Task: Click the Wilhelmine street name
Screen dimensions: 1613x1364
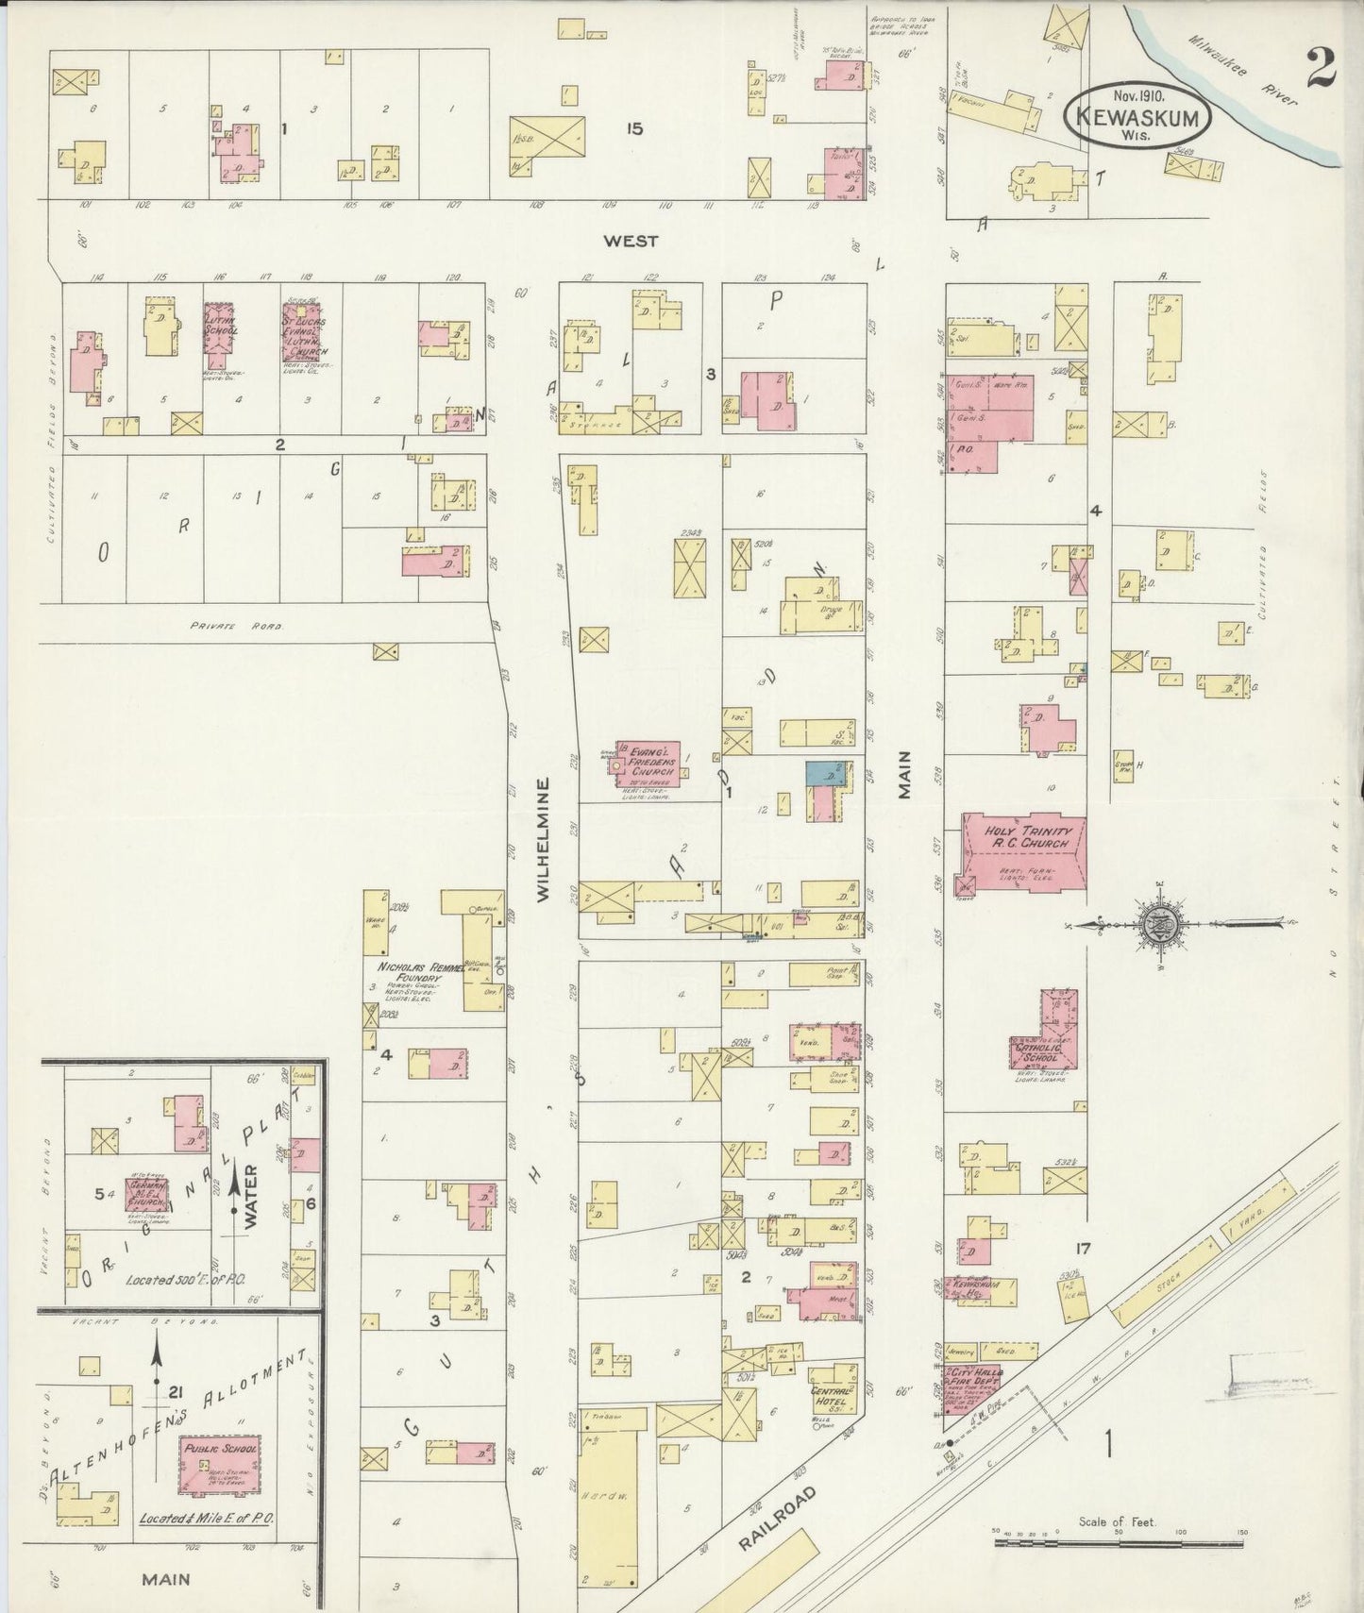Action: [x=543, y=840]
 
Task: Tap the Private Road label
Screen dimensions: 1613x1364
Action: [x=236, y=625]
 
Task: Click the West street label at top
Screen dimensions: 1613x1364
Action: [x=631, y=242]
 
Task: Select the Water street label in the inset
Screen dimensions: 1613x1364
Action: [x=251, y=1197]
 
